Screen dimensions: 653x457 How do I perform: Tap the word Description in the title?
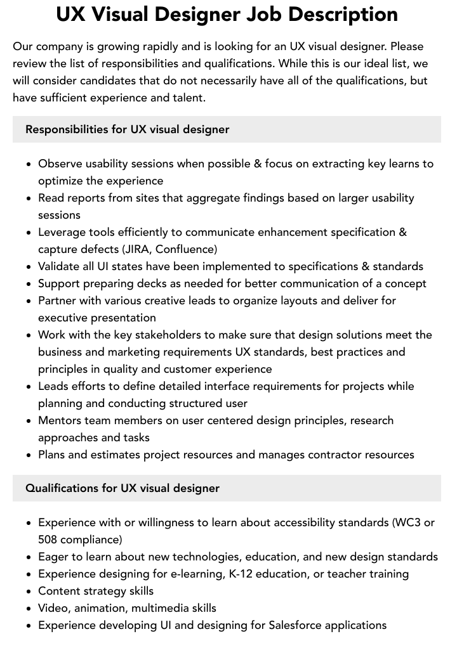[x=352, y=14]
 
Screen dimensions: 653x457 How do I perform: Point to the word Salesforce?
[x=295, y=625]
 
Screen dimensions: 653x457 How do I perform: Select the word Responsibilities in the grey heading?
[x=67, y=129]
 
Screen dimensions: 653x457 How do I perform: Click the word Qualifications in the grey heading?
[x=62, y=488]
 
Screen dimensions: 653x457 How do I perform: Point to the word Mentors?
[x=61, y=420]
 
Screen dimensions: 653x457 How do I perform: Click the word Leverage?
[x=62, y=232]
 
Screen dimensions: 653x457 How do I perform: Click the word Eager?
[x=53, y=557]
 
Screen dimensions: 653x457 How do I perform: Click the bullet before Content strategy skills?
[x=29, y=592]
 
